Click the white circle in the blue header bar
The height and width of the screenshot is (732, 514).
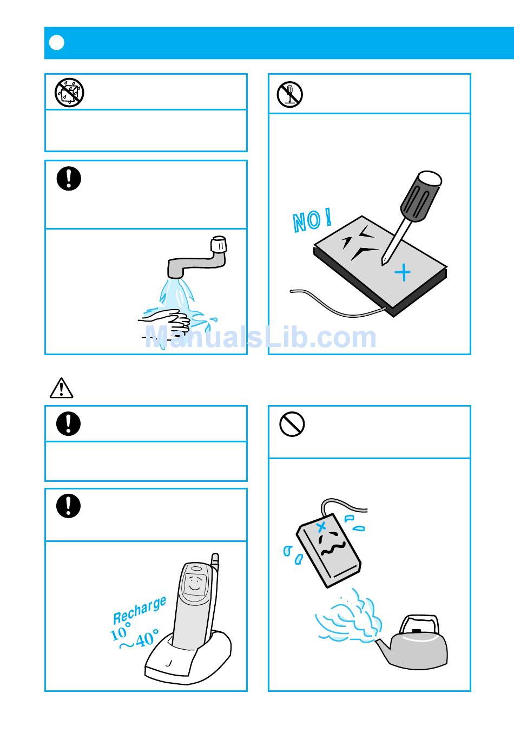click(x=56, y=42)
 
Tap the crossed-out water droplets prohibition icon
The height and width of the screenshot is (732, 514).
click(x=69, y=93)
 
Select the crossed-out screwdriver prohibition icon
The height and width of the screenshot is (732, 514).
click(x=289, y=94)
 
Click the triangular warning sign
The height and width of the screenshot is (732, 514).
click(x=61, y=388)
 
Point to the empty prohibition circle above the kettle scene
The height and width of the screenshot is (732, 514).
click(x=292, y=424)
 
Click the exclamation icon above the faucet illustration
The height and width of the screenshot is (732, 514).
click(x=69, y=179)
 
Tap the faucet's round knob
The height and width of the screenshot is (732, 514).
click(x=219, y=244)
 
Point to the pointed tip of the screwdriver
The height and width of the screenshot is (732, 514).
click(x=383, y=265)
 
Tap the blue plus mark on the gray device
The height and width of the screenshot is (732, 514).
click(x=403, y=272)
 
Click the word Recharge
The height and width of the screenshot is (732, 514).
click(x=140, y=610)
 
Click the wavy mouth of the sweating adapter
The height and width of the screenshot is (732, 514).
click(x=333, y=548)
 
